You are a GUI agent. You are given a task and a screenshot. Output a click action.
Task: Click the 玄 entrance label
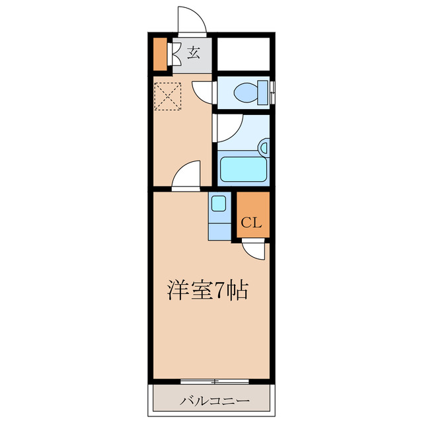tap(193, 53)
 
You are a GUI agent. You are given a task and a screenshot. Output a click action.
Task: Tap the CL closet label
tap(252, 222)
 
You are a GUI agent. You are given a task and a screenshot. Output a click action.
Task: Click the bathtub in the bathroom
tap(242, 169)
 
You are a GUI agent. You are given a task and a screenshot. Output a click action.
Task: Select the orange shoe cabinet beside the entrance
tap(159, 56)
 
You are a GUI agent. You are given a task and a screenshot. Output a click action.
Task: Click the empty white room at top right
tap(243, 56)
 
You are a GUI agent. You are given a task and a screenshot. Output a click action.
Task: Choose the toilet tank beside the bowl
tap(266, 91)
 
